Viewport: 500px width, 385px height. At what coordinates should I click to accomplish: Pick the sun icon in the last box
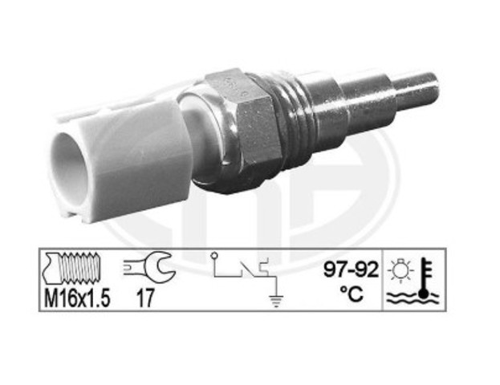click(399, 268)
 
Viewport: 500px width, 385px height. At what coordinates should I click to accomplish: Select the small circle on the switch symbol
click(213, 257)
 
